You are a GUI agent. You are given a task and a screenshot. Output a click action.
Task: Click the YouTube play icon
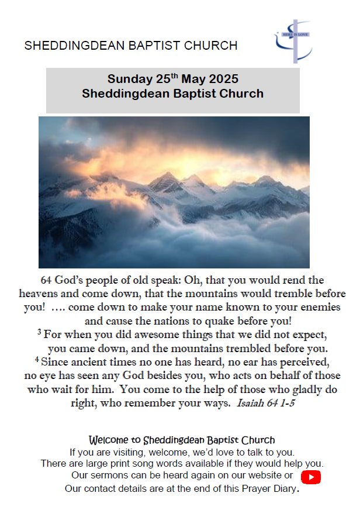click(311, 477)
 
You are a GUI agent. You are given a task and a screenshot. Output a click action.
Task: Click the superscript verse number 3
click(39, 333)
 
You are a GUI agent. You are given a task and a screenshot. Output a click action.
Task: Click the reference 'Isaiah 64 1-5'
click(265, 404)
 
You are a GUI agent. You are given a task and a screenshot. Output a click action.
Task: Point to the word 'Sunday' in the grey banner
click(129, 80)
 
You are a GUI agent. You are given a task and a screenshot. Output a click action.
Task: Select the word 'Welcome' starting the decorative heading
click(109, 439)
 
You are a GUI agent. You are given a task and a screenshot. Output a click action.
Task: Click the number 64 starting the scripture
click(46, 280)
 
